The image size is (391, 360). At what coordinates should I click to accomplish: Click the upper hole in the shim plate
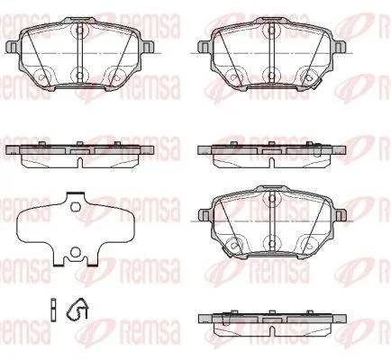click(75, 207)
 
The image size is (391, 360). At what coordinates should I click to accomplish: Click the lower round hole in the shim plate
click(76, 252)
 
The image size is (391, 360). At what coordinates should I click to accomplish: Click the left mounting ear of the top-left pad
click(13, 47)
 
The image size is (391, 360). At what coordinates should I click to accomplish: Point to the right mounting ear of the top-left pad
click(148, 47)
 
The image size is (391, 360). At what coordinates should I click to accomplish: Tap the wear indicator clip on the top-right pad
click(314, 80)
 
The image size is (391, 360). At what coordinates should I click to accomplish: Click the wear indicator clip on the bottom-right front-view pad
click(228, 249)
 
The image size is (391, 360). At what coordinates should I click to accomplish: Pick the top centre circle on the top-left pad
click(79, 30)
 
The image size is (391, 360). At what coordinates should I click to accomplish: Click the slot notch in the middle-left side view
click(80, 162)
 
